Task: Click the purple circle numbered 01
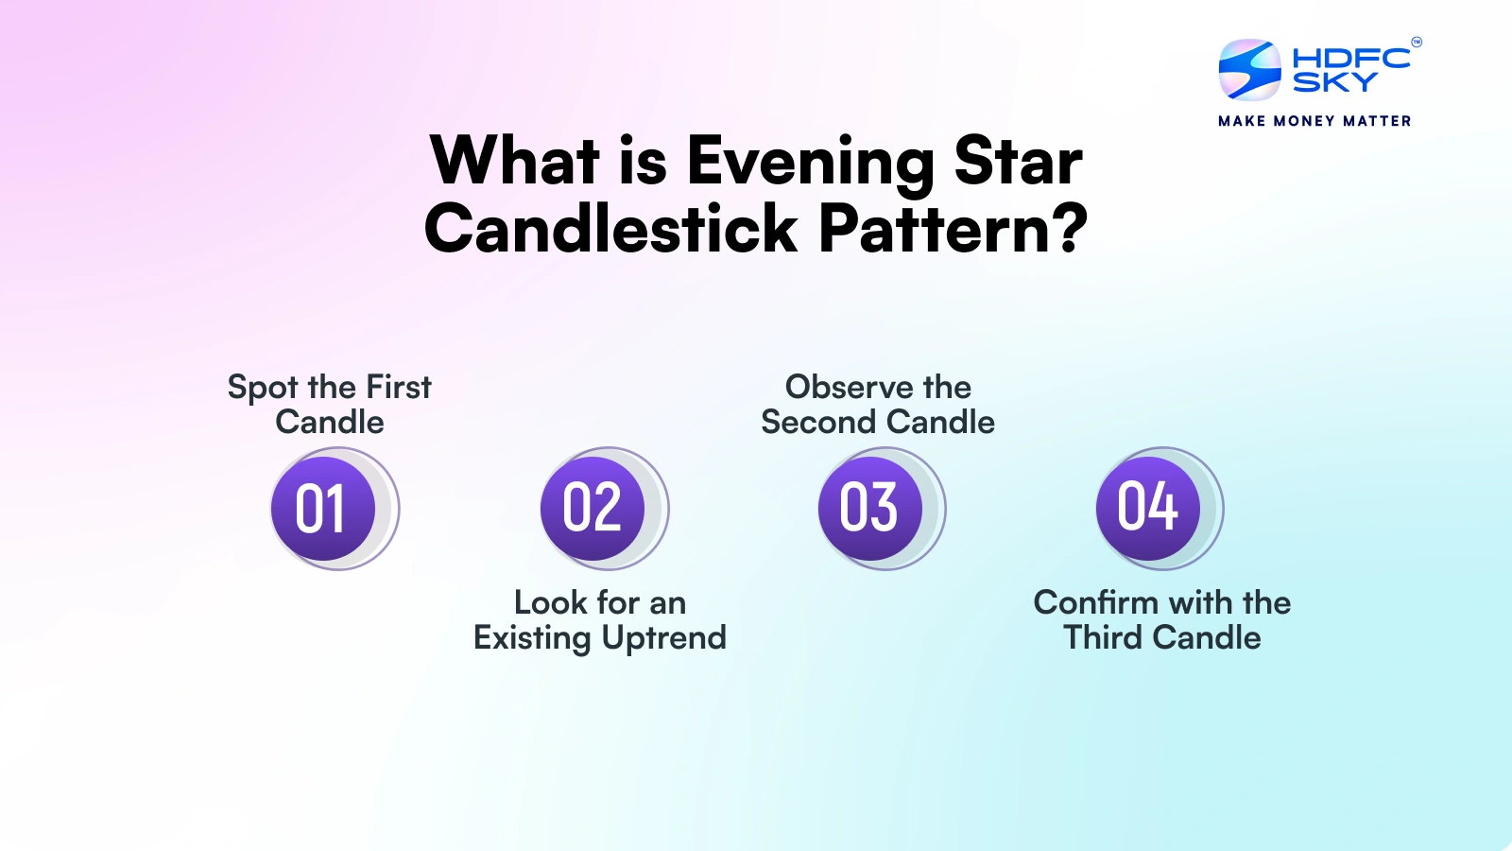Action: pos(323,509)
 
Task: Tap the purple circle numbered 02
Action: pos(593,508)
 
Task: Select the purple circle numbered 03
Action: pos(870,508)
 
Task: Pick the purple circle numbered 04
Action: pos(1148,508)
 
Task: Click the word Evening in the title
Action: pos(811,162)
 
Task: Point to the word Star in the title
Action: pos(1018,162)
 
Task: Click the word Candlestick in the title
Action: pos(611,230)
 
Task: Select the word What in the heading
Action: pos(515,162)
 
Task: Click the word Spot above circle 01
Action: pos(264,389)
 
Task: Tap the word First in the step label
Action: pos(399,387)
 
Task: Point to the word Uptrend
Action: pos(664,639)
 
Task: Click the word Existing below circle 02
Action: pos(532,639)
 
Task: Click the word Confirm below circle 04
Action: pos(1095,602)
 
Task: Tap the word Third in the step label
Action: pos(1103,637)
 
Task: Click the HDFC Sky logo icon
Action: pos(1249,69)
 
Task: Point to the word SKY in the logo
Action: pos(1334,83)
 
